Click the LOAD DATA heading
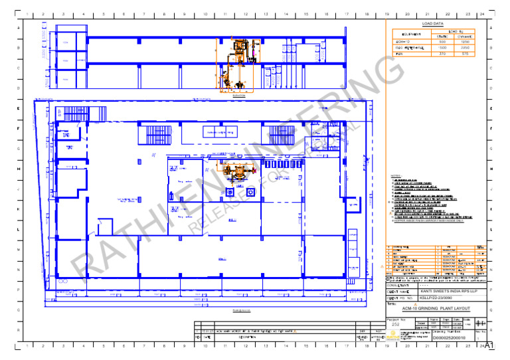tap(434, 24)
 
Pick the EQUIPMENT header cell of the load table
tap(406, 33)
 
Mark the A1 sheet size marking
tap(489, 346)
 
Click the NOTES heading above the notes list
tap(396, 175)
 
